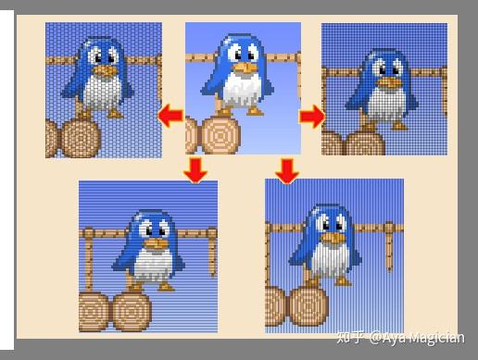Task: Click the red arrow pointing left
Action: pyautogui.click(x=170, y=116)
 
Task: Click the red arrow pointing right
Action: pyautogui.click(x=312, y=117)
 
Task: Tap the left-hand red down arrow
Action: pyautogui.click(x=195, y=169)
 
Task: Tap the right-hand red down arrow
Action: pyautogui.click(x=288, y=169)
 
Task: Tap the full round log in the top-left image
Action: pyautogui.click(x=82, y=138)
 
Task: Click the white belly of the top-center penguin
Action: pyautogui.click(x=243, y=92)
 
